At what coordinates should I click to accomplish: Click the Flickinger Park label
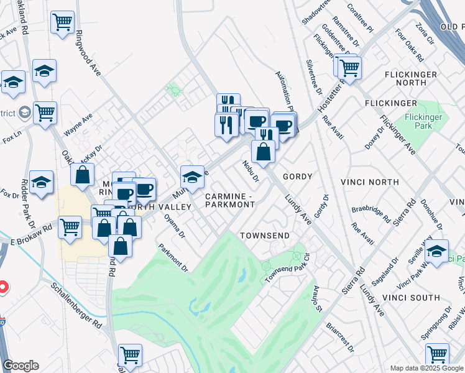423,121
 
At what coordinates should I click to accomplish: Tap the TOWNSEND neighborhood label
265,236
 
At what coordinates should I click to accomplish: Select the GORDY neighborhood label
297,177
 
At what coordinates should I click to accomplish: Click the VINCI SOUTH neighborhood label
426,298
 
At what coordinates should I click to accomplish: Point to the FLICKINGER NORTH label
414,83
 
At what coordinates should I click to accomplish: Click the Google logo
21,366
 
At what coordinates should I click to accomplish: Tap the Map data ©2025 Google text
426,368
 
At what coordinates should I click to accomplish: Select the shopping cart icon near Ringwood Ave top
63,23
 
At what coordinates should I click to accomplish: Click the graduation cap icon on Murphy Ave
193,177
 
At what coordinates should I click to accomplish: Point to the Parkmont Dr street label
173,257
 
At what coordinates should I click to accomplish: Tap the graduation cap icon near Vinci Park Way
437,251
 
